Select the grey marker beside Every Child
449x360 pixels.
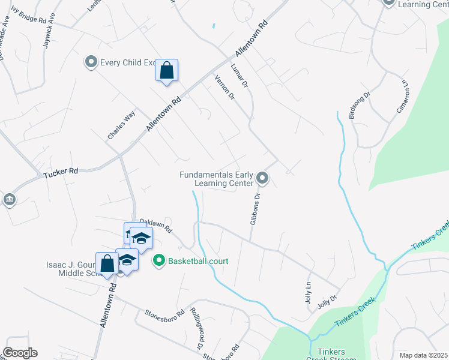[91, 62]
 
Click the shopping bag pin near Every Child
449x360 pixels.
[167, 70]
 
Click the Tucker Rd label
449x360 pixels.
[61, 173]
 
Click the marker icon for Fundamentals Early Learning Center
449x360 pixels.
[262, 178]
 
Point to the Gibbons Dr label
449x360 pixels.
[255, 208]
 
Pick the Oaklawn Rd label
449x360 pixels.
[156, 226]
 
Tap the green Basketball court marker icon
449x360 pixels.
[159, 261]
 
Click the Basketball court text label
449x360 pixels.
[197, 262]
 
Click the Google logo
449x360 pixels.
[20, 353]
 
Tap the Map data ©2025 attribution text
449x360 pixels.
[423, 355]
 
